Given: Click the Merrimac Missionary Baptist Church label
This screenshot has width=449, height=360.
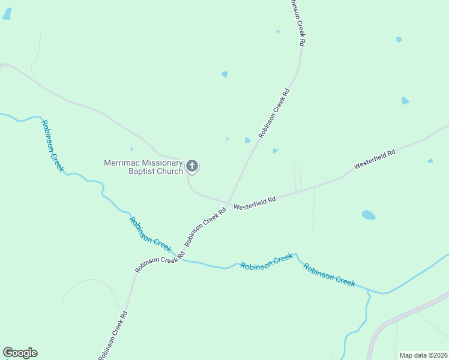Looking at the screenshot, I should (x=143, y=167).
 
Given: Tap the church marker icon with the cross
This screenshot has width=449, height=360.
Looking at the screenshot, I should (x=192, y=166).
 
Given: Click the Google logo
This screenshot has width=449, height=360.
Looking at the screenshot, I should (x=20, y=353).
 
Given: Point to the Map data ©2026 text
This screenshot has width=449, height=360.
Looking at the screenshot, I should (x=423, y=355).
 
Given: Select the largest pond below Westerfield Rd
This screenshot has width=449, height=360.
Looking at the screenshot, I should (x=369, y=215).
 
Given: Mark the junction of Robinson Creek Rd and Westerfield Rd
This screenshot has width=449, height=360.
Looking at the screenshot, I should (x=228, y=203).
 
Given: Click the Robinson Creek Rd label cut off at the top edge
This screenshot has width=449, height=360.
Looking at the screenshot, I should (x=298, y=23).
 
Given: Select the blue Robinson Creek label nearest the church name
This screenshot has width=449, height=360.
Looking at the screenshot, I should (x=52, y=146).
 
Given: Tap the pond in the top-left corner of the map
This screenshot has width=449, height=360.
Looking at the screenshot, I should (x=7, y=14).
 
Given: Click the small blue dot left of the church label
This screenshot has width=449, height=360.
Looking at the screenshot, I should (x=131, y=149).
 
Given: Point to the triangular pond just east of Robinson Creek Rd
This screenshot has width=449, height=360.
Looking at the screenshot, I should (x=275, y=151).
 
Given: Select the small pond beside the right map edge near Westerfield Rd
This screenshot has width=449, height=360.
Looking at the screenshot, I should (x=430, y=161).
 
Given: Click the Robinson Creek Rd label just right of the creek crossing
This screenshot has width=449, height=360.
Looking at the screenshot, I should (x=205, y=227).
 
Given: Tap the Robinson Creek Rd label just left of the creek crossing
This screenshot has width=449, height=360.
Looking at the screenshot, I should (x=155, y=264).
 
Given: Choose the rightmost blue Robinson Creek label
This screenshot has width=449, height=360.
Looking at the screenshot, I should (x=329, y=275).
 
